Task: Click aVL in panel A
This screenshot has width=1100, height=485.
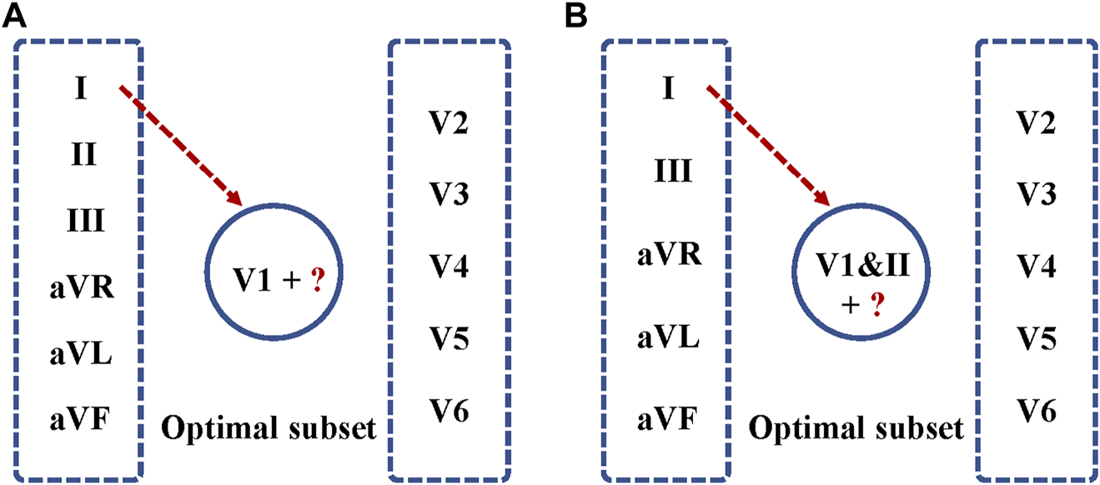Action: (79, 356)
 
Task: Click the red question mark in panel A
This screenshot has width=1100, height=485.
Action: (318, 277)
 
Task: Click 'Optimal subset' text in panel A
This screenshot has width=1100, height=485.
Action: (268, 430)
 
